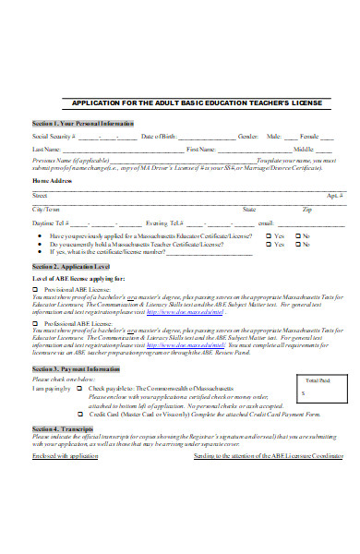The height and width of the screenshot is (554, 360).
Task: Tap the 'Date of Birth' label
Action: pyautogui.click(x=159, y=136)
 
